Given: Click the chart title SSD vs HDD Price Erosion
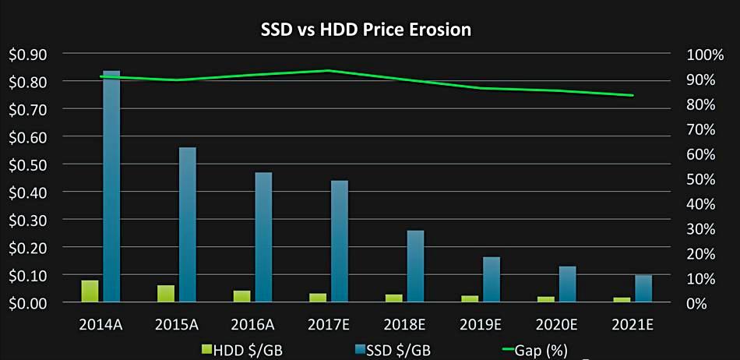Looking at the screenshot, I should (365, 30).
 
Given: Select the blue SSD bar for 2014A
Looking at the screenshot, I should (111, 187).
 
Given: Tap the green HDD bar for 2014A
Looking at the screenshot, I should (90, 291).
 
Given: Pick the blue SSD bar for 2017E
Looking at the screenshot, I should (340, 242).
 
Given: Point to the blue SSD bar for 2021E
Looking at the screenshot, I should (643, 289).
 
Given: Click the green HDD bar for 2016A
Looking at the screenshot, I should (242, 296).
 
